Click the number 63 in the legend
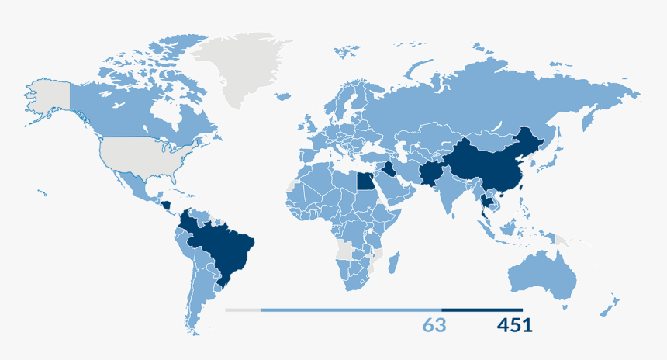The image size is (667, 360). (x=434, y=325)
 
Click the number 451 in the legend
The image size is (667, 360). (x=514, y=325)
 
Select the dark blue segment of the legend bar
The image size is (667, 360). (x=482, y=310)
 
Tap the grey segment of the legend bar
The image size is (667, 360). (x=243, y=310)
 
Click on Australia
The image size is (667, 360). (x=543, y=275)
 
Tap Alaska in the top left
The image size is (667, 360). (x=47, y=97)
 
